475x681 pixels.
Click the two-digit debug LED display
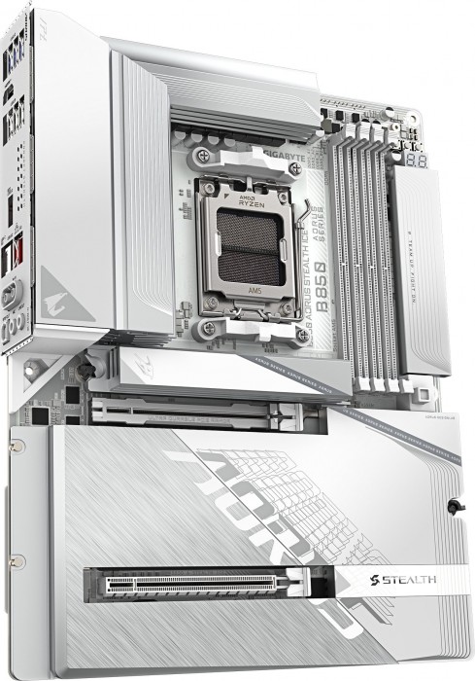421,161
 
